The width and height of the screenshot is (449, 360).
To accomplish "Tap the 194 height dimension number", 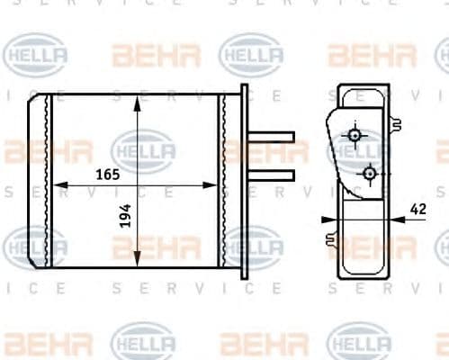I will tap(126, 214).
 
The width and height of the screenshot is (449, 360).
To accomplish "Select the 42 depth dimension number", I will tap(418, 209).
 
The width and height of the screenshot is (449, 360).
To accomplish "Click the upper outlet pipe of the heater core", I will tap(271, 138).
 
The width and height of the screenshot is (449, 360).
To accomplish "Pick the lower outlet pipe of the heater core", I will tap(271, 174).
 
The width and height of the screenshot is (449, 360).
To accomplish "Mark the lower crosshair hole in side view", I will tap(369, 171).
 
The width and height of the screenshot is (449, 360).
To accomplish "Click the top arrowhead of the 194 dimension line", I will tap(137, 102).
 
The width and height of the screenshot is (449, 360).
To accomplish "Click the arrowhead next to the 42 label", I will tap(396, 218).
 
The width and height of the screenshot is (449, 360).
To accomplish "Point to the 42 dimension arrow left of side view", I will tap(328, 218).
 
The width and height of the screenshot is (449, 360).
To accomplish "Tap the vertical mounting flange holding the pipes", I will tap(244, 181).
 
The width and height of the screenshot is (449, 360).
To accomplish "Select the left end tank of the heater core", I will tap(39, 181).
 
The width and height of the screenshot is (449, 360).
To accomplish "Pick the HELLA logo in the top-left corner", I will tap(35, 55).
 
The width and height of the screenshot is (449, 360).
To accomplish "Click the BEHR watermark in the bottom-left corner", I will tap(47, 343).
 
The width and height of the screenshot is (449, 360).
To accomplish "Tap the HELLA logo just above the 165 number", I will tap(143, 148).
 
